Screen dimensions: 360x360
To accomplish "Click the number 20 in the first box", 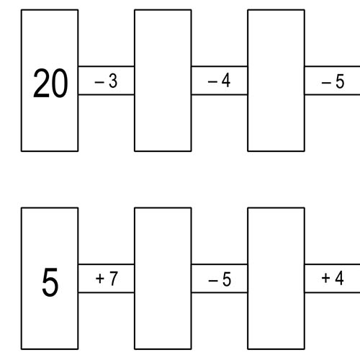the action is pyautogui.click(x=50, y=83).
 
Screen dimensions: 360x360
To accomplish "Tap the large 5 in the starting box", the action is pyautogui.click(x=50, y=282).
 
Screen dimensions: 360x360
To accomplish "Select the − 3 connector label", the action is pyautogui.click(x=106, y=81).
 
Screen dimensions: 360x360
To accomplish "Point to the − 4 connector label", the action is pyautogui.click(x=219, y=81).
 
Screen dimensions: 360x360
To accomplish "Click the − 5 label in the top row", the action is pyautogui.click(x=333, y=81).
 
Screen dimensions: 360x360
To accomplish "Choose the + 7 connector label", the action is pyautogui.click(x=107, y=279).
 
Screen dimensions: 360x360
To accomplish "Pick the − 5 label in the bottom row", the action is pyautogui.click(x=220, y=279).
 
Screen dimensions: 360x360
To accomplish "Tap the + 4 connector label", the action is pyautogui.click(x=333, y=278).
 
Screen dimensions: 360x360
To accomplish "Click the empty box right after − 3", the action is pyautogui.click(x=163, y=81).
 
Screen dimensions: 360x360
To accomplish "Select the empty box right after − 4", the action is pyautogui.click(x=276, y=81).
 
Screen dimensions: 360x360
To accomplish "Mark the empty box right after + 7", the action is pyautogui.click(x=163, y=279).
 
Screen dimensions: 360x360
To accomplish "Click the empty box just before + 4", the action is pyautogui.click(x=276, y=279).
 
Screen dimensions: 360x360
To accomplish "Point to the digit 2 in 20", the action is pyautogui.click(x=41, y=83).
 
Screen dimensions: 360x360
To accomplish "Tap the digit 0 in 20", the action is pyautogui.click(x=60, y=84).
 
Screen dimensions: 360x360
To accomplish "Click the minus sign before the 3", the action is pyautogui.click(x=99, y=82).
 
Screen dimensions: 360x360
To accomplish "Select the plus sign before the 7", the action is pyautogui.click(x=99, y=279).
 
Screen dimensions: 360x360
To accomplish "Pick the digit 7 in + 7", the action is pyautogui.click(x=114, y=279).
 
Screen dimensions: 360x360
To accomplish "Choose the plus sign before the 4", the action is pyautogui.click(x=325, y=279).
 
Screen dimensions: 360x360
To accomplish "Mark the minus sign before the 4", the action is pyautogui.click(x=212, y=82).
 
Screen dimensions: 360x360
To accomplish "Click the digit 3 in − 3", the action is pyautogui.click(x=113, y=81).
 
